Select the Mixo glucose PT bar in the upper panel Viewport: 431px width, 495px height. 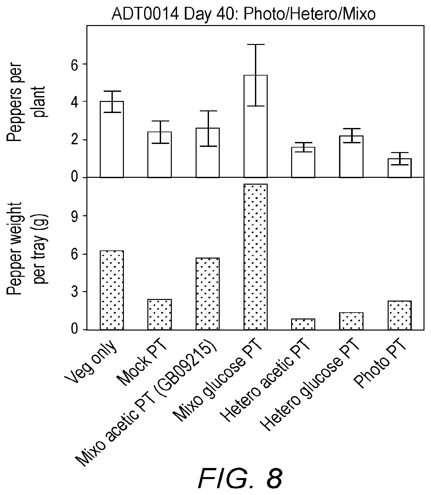click(256, 126)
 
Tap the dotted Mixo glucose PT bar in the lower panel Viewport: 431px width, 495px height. click(256, 257)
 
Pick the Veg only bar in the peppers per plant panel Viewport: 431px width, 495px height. click(112, 139)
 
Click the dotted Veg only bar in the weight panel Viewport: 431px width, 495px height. click(112, 290)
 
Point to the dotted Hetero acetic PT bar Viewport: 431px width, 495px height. click(303, 324)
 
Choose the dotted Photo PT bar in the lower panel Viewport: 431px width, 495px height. click(399, 315)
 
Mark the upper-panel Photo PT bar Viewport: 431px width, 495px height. click(399, 168)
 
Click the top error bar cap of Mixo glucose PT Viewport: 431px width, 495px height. click(256, 45)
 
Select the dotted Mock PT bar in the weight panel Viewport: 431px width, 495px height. click(159, 314)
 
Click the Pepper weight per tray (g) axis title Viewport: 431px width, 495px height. click(27, 248)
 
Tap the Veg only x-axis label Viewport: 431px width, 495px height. click(91, 361)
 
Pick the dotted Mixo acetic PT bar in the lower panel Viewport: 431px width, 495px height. click(207, 294)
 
